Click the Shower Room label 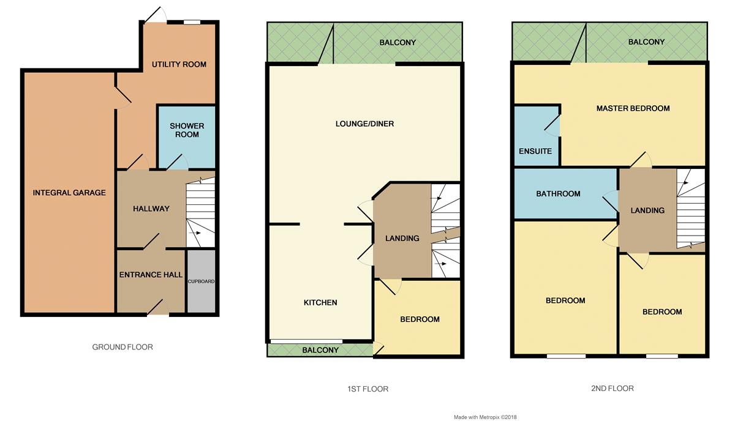tap(187, 130)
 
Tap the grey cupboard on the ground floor tap(201, 281)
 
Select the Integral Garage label tap(69, 193)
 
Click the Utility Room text tap(179, 64)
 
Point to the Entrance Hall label tap(151, 275)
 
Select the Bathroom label tap(558, 194)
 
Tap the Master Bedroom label tap(633, 108)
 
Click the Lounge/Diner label tap(364, 124)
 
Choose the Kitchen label tap(320, 302)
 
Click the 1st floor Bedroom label tap(420, 319)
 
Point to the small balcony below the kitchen tap(320, 350)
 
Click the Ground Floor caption tap(123, 347)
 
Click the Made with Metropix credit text tap(485, 417)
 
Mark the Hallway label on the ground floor tap(151, 209)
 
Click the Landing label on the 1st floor tap(402, 238)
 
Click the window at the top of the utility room tap(192, 23)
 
